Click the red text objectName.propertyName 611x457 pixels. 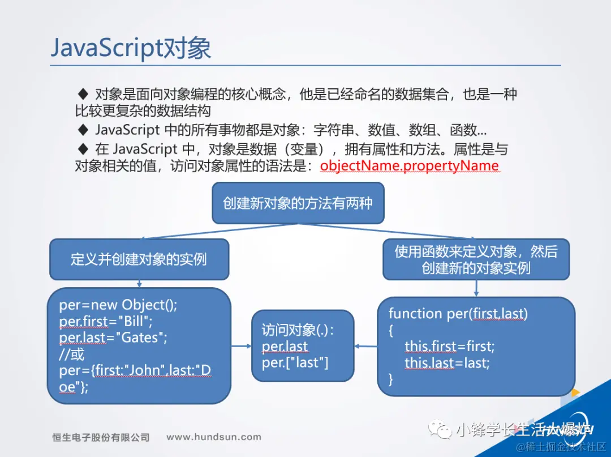tap(409, 166)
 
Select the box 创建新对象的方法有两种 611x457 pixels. tap(298, 203)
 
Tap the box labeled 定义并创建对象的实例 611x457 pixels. tap(139, 259)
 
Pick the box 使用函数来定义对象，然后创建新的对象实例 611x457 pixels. tap(476, 259)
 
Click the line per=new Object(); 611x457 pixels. tap(118, 305)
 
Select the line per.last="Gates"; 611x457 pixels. tap(113, 338)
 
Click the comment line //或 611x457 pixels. tap(72, 355)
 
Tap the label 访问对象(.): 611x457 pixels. tap(298, 330)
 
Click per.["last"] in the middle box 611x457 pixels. tap(295, 362)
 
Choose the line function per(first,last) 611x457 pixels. tap(458, 313)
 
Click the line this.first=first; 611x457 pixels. tap(449, 345)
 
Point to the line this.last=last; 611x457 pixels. tap(447, 362)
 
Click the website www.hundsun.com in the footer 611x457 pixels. tap(214, 437)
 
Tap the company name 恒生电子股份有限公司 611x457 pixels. tap(101, 437)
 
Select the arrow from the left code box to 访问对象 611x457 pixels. tap(241, 346)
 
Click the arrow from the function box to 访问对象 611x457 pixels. tap(366, 346)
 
